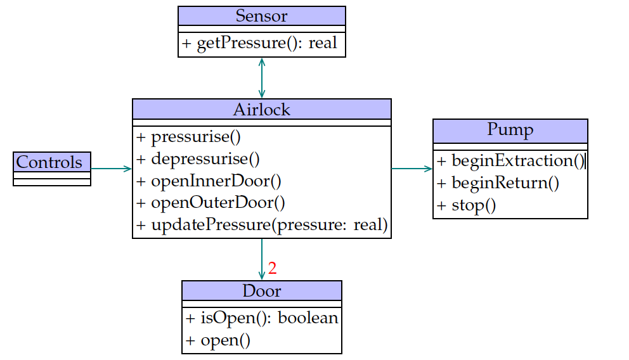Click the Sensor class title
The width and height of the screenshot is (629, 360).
coord(261,16)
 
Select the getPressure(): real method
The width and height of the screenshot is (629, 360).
coord(260,44)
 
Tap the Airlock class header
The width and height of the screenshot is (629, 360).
coord(261,109)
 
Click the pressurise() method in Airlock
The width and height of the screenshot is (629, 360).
coord(189,137)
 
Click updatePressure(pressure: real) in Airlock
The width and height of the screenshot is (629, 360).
coord(261,225)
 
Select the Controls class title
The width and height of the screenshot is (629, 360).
coord(49,162)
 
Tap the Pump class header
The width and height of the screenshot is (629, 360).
coord(510,130)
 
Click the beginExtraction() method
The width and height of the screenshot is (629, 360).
coord(510,161)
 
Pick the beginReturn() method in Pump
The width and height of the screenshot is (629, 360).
coord(498,183)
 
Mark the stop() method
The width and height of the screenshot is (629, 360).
coord(466,205)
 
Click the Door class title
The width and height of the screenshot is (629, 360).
coord(261,291)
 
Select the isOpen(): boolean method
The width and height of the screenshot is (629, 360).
coord(261,318)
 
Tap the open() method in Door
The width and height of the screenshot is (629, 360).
coord(218,340)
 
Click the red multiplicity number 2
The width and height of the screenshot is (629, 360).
coord(273,268)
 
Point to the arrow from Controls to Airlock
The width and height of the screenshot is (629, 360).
coord(111,169)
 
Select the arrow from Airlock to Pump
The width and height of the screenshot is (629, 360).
coord(412,169)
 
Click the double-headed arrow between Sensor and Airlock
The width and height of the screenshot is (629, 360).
coord(261,77)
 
